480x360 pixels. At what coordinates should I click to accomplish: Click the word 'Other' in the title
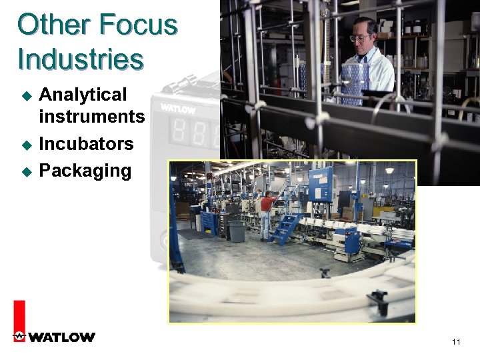pos(53,26)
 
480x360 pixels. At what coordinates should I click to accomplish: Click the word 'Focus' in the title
pos(138,26)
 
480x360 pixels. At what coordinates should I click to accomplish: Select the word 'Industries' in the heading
pos(80,59)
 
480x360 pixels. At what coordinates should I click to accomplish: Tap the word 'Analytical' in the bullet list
pos(83,95)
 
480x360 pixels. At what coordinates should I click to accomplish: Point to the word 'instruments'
pos(92,117)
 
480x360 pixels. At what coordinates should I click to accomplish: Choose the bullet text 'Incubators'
pos(86,144)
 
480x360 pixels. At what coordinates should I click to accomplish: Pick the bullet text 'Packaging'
pos(85,171)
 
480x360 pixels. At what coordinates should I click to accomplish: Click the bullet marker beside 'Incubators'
pos(27,145)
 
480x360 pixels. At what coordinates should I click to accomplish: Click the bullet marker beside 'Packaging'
pos(27,171)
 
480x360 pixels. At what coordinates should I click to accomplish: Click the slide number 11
pos(456,342)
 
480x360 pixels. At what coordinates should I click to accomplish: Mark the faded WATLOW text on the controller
pos(176,107)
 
